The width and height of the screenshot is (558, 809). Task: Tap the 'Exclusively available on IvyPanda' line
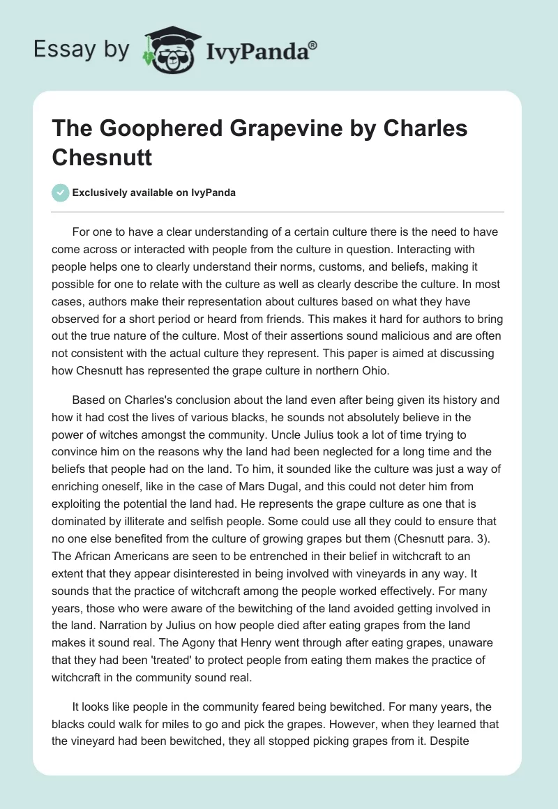[153, 193]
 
